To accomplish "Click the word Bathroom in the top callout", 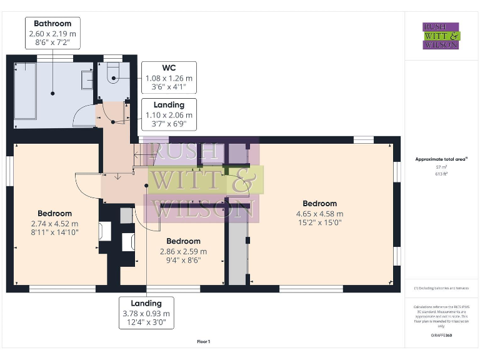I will click(52, 24).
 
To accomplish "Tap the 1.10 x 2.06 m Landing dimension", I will click(169, 115).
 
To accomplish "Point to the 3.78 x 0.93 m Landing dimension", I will click(146, 314).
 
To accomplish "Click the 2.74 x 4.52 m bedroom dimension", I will click(54, 223).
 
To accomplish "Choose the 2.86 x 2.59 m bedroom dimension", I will click(183, 251).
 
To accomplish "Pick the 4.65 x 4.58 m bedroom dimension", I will click(319, 214).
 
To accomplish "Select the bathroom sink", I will click(87, 80).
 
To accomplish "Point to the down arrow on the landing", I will click(117, 176).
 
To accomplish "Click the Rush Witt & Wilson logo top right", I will click(441, 36).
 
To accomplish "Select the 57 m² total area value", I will click(441, 167).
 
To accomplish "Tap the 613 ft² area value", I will click(441, 174).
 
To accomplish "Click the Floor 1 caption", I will click(203, 342).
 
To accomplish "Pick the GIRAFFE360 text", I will click(441, 336).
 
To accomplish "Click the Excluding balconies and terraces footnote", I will click(441, 288).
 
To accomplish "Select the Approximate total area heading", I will click(441, 159).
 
